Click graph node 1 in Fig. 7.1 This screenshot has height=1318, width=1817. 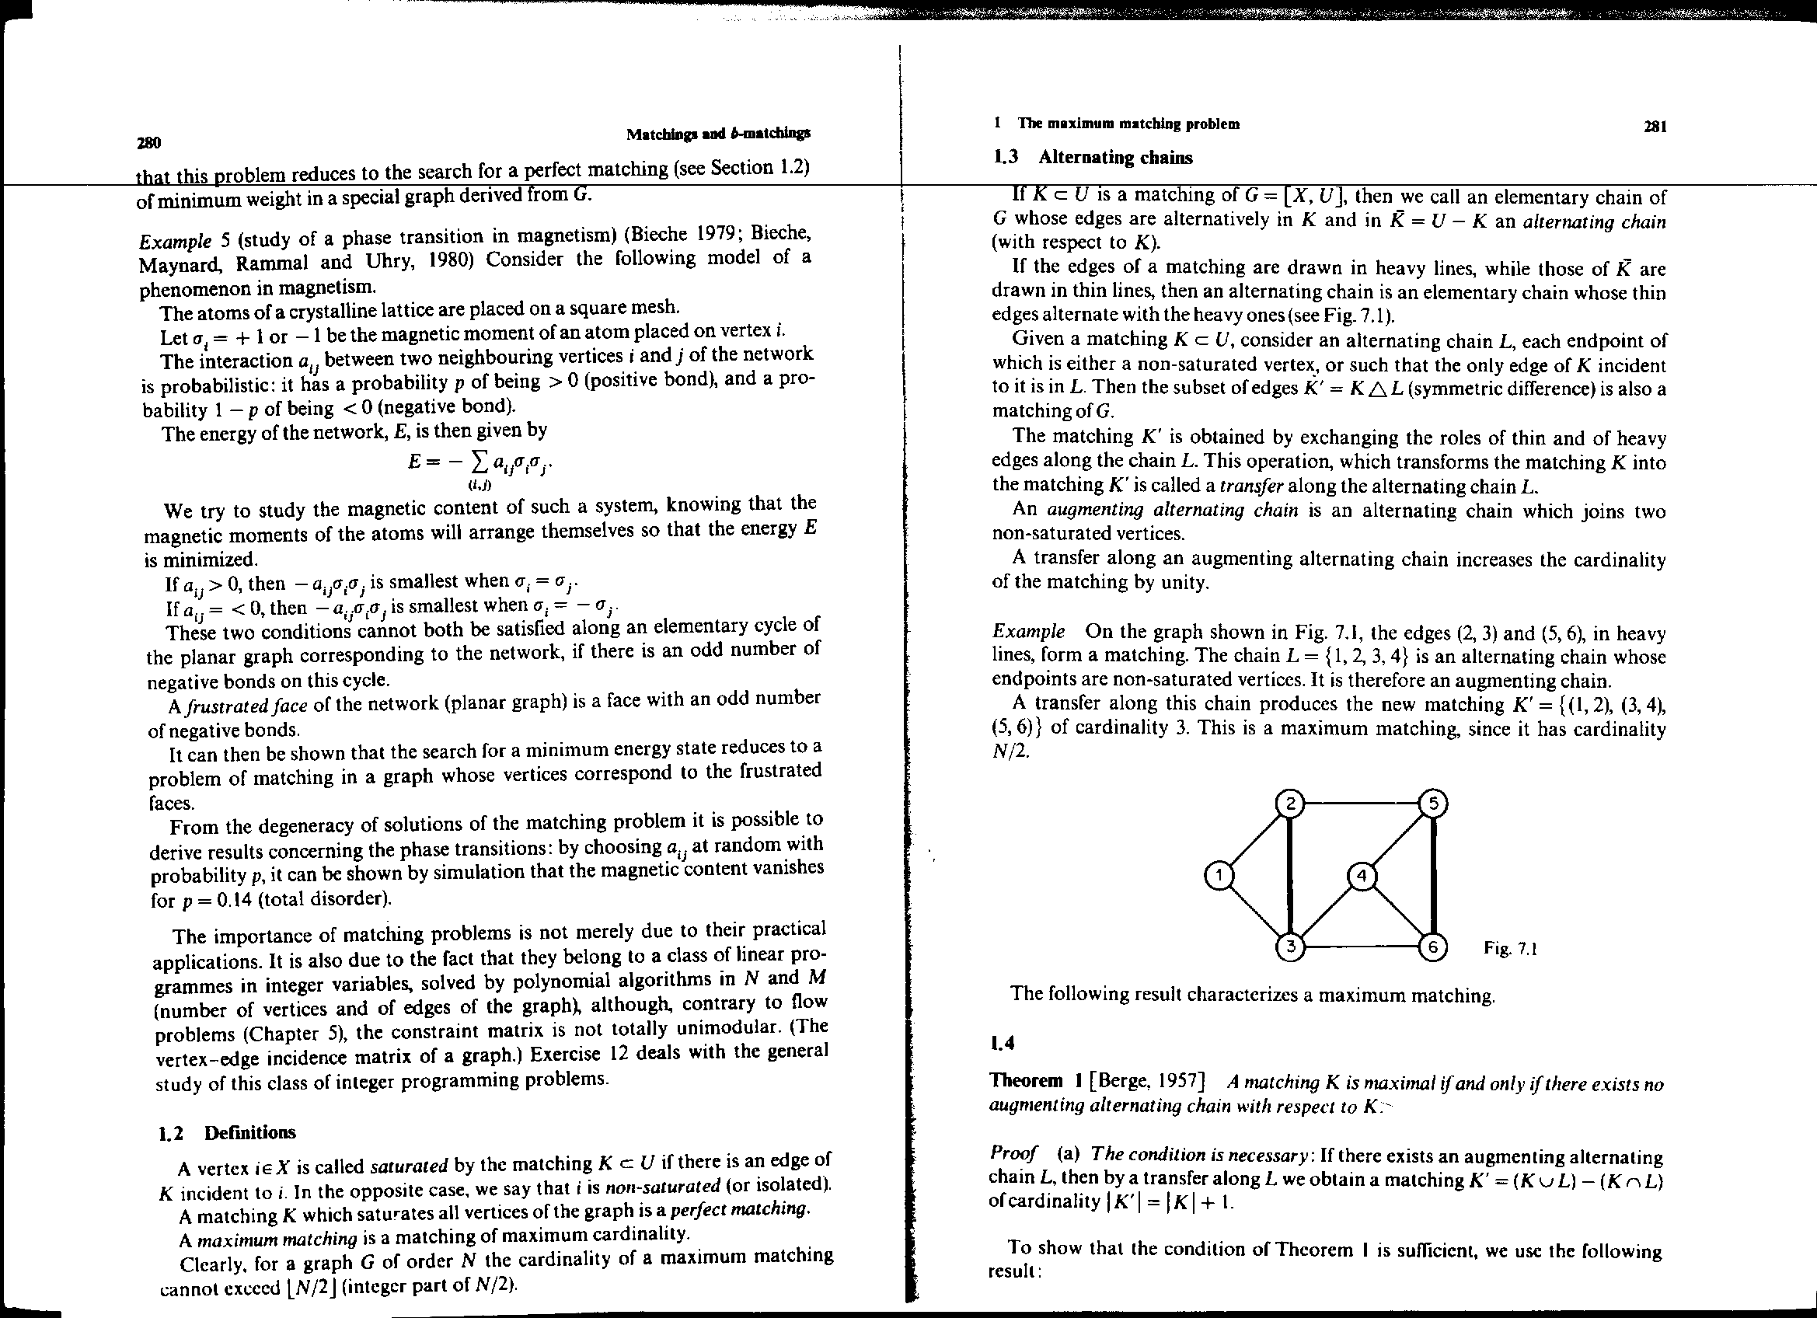point(1219,876)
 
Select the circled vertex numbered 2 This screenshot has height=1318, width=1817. point(1291,803)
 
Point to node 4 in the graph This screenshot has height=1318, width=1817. point(1361,876)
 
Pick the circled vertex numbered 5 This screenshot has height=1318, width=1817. point(1433,803)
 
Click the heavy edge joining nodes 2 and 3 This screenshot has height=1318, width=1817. point(1291,875)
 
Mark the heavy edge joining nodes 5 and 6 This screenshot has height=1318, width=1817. point(1433,875)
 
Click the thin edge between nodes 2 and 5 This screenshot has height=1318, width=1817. point(1362,803)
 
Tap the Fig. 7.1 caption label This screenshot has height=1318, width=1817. point(1510,949)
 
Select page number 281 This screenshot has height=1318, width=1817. point(1655,126)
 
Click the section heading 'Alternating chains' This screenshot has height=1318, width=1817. point(1114,157)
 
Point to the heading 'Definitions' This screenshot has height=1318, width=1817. point(249,1132)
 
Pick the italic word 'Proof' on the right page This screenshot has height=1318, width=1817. point(1013,1153)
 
